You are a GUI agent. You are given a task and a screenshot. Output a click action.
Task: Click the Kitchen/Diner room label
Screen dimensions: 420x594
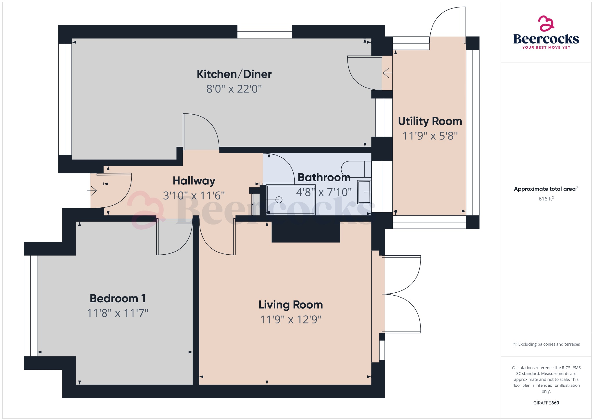(x=234, y=74)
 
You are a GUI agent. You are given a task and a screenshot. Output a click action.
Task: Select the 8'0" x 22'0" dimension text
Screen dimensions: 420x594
(x=234, y=89)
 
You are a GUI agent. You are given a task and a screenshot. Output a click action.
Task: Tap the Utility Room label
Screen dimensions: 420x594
(x=430, y=121)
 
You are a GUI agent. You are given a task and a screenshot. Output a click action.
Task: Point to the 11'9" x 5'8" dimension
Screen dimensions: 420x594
(x=430, y=136)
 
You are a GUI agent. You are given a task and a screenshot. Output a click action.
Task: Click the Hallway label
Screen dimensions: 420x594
(x=194, y=181)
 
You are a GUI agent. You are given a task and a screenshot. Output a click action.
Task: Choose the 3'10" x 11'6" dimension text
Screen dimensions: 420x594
(x=194, y=195)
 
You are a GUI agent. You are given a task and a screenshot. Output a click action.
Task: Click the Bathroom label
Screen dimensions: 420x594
(x=324, y=178)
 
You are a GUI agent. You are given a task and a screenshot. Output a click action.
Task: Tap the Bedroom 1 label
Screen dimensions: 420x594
(x=117, y=298)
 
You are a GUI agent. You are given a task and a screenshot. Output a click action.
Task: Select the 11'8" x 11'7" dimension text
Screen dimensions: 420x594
(x=117, y=313)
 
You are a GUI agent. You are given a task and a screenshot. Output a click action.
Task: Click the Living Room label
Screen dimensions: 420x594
(x=291, y=305)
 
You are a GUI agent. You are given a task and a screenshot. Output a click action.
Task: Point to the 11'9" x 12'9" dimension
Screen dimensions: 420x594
(x=291, y=320)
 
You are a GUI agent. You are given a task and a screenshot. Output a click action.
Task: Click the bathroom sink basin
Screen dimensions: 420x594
(x=364, y=192)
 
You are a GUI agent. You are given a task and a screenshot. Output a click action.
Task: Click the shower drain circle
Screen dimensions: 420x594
(x=279, y=200)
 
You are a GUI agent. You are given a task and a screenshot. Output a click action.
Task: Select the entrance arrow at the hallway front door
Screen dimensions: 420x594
(x=92, y=191)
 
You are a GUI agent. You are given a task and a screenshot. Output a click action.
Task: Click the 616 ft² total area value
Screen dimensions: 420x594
(x=546, y=199)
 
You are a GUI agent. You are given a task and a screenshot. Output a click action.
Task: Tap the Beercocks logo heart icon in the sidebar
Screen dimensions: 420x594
(x=546, y=23)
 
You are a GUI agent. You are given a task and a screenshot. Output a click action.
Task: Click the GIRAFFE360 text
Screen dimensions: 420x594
(x=546, y=403)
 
